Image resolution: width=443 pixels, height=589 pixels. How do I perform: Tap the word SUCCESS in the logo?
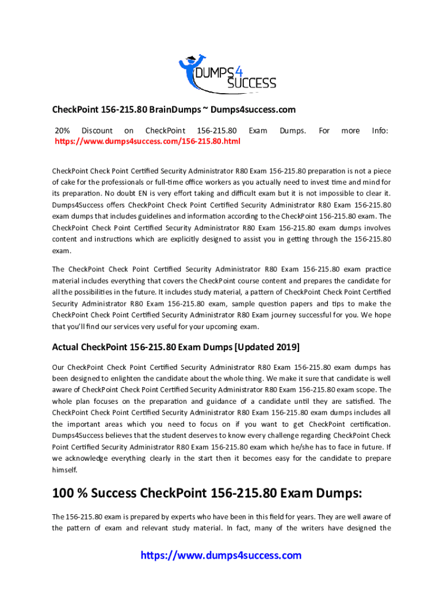[x=251, y=83]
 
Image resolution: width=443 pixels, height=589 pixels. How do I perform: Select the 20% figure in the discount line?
[x=62, y=131]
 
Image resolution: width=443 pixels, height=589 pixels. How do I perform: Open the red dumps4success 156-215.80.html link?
[x=147, y=141]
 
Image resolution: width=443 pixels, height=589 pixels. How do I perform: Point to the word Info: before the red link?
[x=380, y=131]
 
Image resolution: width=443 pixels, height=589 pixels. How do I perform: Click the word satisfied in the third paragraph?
[x=361, y=401]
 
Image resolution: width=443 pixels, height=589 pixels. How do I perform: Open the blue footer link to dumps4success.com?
[x=221, y=556]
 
